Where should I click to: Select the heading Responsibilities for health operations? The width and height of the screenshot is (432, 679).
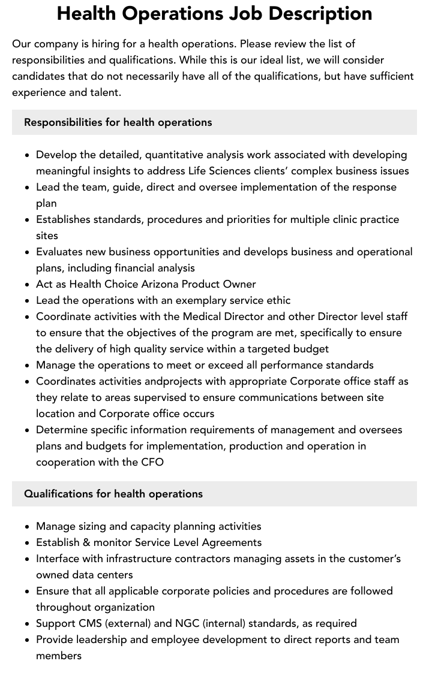click(118, 122)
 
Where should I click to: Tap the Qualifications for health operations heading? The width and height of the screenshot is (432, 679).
click(113, 494)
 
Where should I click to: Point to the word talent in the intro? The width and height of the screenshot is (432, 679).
click(104, 92)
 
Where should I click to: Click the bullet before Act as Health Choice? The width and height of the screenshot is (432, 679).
click(27, 285)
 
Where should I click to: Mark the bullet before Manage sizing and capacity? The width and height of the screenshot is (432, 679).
click(27, 527)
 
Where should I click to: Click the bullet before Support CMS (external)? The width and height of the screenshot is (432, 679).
click(27, 624)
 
